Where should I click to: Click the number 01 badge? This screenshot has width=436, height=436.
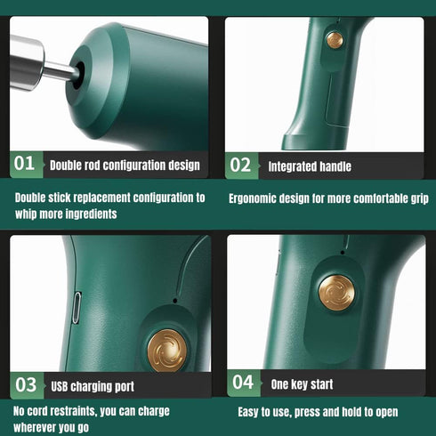[x=27, y=165]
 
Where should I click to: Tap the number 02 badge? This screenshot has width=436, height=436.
[x=242, y=166]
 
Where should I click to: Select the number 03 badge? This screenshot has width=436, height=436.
[x=27, y=385]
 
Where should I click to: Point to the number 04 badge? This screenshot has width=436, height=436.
[x=244, y=383]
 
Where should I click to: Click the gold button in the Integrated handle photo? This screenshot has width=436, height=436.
[x=335, y=40]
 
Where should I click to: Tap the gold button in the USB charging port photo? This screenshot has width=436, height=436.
[x=167, y=351]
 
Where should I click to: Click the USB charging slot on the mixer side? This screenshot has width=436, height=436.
[x=77, y=308]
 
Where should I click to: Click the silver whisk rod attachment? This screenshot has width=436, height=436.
[x=42, y=64]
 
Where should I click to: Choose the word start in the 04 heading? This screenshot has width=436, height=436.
[x=322, y=384]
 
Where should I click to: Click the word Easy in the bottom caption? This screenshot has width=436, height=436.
[x=248, y=412]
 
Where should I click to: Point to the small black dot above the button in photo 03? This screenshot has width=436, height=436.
[x=175, y=301]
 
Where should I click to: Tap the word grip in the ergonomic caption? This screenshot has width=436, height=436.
[x=420, y=198]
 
